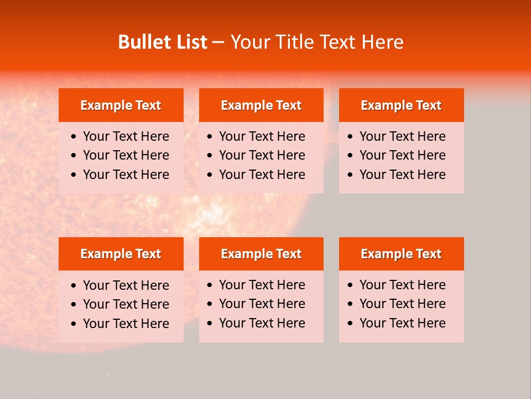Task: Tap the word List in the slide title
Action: point(189,42)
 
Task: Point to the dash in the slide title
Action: point(218,43)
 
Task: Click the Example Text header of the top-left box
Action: point(121,105)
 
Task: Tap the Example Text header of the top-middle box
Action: point(261,105)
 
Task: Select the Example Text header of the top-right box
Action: point(401,105)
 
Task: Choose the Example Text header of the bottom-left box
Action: point(121,254)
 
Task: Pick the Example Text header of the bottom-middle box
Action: point(261,254)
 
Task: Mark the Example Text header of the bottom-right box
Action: point(401,254)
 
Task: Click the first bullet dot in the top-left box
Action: point(74,137)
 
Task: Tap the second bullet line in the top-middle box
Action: point(262,155)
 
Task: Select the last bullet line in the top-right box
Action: point(402,175)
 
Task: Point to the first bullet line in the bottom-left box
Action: point(126,285)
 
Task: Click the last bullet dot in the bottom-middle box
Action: point(210,324)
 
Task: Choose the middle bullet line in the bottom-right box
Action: point(402,304)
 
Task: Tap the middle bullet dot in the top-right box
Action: point(351,156)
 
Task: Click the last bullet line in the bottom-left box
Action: point(126,324)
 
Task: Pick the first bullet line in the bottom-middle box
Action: point(262,285)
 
